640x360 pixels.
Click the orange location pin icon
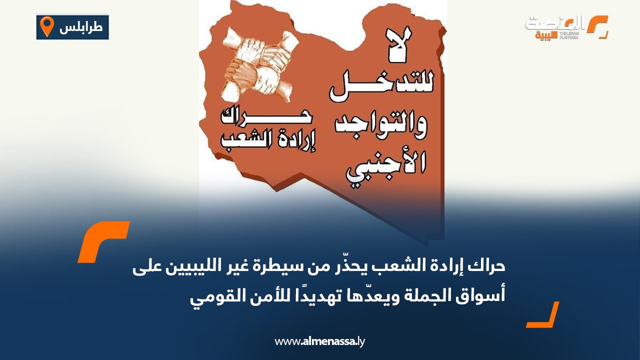click(46, 26)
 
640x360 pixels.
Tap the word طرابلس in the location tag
click(81, 27)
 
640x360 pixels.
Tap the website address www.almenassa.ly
click(320, 342)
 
